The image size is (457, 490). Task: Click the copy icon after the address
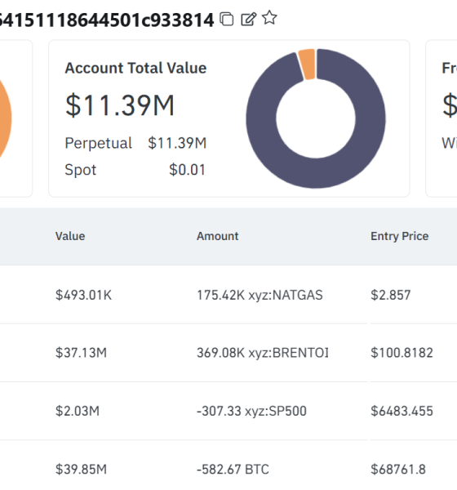228,19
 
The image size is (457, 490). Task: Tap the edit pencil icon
249,19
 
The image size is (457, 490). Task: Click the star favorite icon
269,18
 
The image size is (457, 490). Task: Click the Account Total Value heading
135,69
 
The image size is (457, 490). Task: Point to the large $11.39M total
120,105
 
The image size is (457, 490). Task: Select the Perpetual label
98,143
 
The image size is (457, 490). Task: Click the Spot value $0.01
187,170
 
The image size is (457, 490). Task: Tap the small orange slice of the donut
307,63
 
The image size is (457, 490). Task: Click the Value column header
70,236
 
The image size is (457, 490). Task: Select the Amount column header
217,236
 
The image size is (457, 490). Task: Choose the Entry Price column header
399,236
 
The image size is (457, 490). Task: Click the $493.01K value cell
83,295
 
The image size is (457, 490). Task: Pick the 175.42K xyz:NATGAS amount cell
260,295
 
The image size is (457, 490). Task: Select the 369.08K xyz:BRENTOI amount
262,353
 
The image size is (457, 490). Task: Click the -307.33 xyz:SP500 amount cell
251,411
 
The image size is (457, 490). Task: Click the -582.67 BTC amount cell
233,469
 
